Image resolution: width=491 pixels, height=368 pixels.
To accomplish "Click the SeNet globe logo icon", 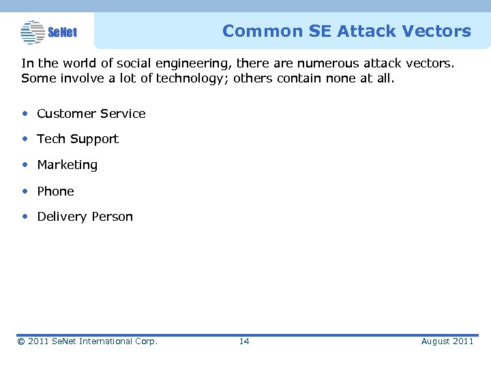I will pos(32,31).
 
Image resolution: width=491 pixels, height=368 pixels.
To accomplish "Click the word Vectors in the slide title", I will pos(436,31).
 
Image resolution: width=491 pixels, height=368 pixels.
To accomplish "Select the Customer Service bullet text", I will pos(91,114).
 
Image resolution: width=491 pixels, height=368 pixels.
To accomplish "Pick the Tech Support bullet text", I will pos(77,139).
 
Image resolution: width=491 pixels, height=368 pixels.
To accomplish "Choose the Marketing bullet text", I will pos(67,165).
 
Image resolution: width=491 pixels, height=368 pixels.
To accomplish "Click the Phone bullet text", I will pos(55,191).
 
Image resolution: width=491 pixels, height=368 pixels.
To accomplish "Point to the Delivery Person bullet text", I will pos(85,217).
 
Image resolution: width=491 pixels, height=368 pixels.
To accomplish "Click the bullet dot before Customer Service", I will pos(25,113).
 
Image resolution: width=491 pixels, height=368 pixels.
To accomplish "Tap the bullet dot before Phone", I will pos(25,191).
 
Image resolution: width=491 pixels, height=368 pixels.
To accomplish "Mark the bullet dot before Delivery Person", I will pos(25,216).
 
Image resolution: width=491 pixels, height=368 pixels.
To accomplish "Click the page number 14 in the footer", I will pos(244,341).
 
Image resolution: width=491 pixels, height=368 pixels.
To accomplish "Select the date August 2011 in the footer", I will pos(447,341).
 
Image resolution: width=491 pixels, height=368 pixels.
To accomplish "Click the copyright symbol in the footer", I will pos(21,341).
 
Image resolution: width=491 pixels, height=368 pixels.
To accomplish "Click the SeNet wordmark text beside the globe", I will pos(63,32).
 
